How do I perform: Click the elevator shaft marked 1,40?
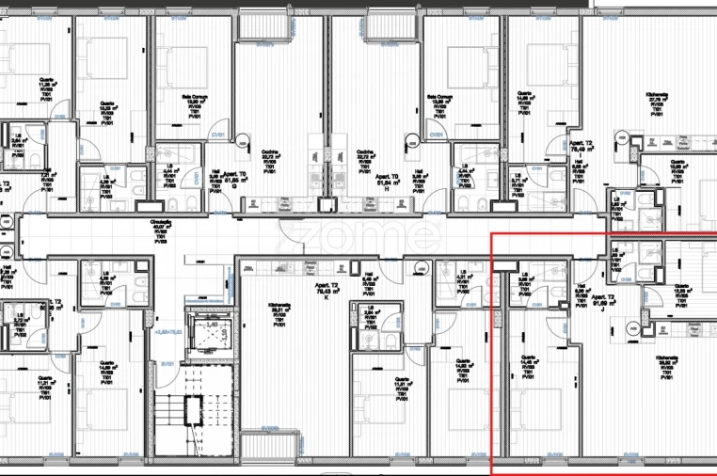tap(211, 329)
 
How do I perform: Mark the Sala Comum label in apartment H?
tap(440, 102)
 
